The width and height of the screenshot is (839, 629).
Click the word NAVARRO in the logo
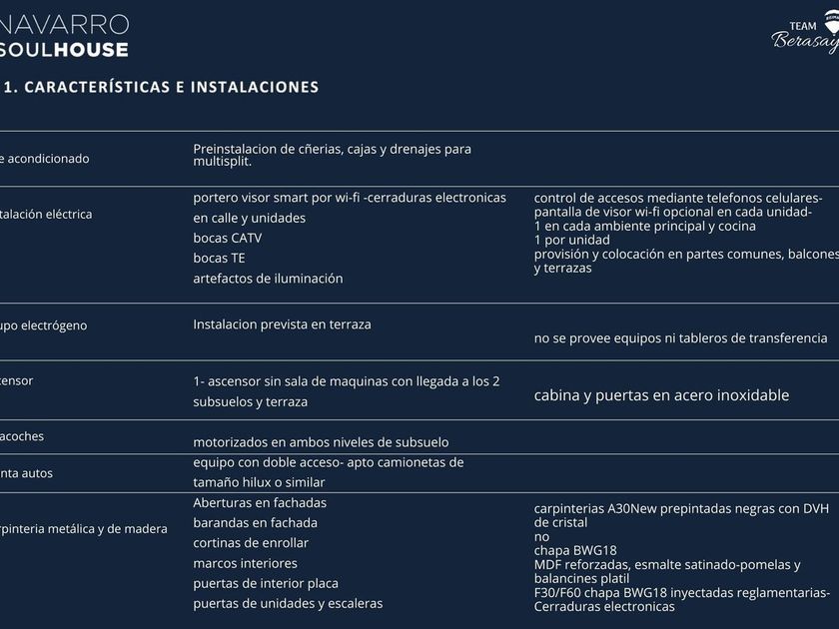65,23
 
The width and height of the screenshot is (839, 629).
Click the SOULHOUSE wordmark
65,48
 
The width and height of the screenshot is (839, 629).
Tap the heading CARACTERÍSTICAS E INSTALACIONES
170,87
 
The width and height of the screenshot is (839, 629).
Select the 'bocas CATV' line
228,238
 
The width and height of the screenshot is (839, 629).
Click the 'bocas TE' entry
219,258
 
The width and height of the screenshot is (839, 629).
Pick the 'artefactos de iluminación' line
268,278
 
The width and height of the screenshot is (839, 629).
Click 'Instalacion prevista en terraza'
282,323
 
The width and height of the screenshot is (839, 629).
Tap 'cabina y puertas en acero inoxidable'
661,395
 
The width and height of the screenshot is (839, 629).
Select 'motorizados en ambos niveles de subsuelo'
321,441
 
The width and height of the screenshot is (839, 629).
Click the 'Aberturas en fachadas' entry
260,502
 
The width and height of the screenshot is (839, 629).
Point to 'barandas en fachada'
255,522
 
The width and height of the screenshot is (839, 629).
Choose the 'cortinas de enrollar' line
251,542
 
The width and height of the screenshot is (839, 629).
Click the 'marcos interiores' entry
245,563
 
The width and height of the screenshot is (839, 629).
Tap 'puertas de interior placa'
266,583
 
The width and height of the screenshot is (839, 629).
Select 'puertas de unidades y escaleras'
288,603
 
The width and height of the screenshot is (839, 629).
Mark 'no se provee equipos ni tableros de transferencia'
680,338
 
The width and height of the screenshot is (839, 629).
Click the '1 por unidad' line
571,240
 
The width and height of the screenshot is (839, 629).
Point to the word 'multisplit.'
222,161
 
